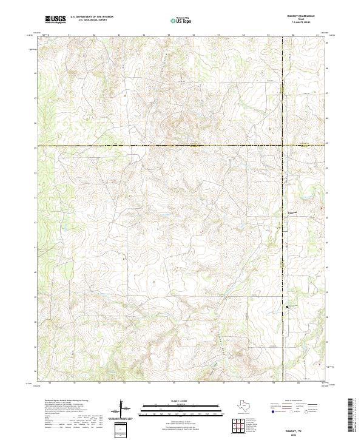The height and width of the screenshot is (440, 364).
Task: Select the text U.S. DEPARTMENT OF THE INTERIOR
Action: [92, 18]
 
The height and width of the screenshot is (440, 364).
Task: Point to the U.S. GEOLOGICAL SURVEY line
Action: [92, 21]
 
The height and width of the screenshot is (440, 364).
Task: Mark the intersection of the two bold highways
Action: [283, 146]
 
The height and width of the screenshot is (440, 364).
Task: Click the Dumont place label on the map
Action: [294, 213]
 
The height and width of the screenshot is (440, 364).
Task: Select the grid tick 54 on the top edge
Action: [144, 35]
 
